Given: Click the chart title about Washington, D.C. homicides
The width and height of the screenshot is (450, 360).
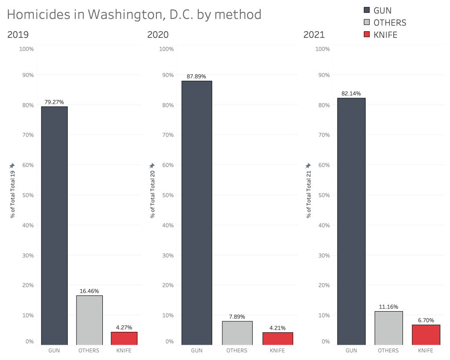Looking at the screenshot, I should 134,15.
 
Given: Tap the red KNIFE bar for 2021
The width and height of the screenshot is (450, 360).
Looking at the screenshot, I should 426,335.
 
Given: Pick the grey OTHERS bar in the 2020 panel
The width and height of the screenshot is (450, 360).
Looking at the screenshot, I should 237,333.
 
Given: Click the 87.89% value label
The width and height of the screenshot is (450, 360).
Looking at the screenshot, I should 196,76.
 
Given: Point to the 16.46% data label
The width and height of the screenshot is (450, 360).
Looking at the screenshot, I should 89,291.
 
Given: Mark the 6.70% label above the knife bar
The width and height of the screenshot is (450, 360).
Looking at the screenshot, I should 426,320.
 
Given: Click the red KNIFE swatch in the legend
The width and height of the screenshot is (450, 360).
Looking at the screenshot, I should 367,35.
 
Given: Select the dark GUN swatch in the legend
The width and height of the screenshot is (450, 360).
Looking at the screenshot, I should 367,11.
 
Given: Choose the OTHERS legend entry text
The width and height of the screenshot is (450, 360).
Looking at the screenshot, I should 389,23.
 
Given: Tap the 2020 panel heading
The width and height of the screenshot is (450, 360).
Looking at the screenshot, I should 157,35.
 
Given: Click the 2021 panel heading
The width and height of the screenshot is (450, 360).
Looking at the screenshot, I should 314,35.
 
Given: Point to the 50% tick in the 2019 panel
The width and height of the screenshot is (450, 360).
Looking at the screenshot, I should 27,195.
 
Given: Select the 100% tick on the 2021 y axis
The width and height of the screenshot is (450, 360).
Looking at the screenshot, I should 323,49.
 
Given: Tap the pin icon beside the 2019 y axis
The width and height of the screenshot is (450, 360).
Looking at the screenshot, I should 12,166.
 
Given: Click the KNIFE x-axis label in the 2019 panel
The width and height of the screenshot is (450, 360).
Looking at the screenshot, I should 124,350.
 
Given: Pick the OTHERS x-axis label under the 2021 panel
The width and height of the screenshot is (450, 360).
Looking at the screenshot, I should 388,350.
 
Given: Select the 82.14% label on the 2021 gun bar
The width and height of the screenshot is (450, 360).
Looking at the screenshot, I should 351,94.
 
